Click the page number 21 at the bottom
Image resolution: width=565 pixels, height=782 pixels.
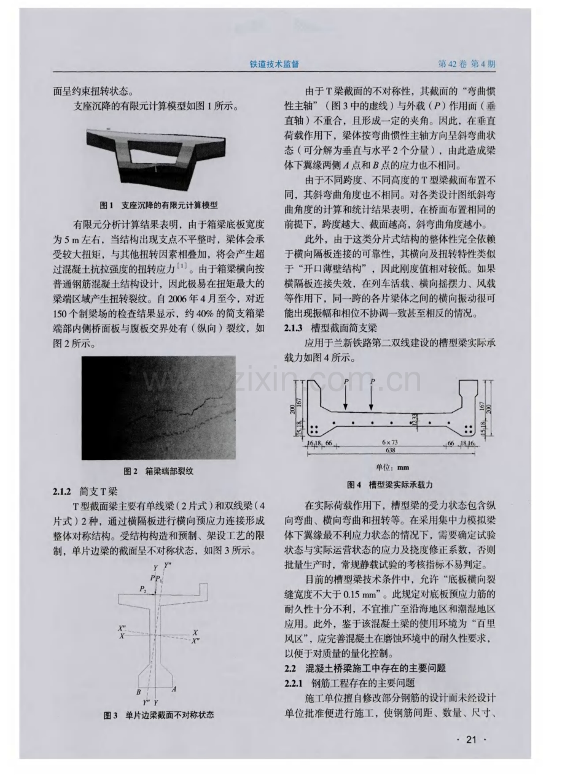[472, 740]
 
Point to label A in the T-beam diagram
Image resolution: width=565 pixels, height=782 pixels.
[174, 689]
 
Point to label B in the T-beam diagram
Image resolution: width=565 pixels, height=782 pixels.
[139, 691]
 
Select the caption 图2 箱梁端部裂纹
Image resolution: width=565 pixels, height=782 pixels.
[158, 471]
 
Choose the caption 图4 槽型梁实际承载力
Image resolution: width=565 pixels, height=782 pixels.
[394, 484]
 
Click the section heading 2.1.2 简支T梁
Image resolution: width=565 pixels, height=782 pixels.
[88, 491]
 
